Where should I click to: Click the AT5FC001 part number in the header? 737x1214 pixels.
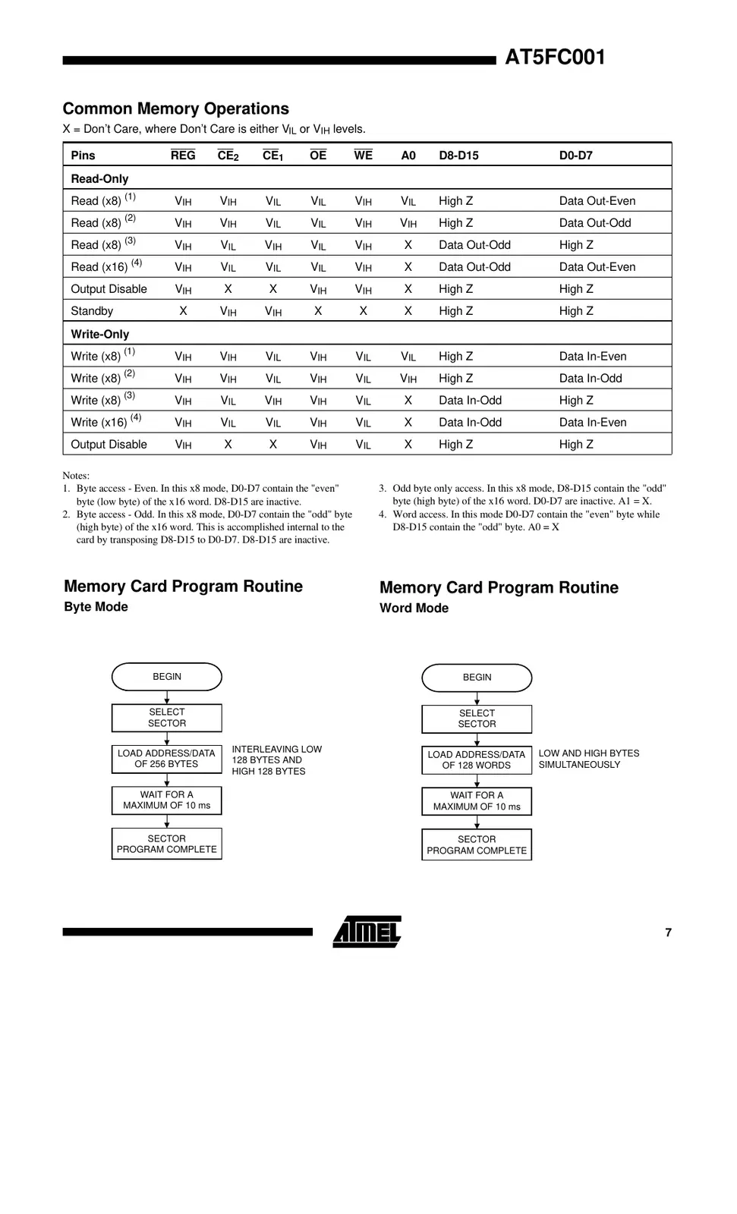(x=555, y=58)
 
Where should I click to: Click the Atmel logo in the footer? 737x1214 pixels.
(x=367, y=931)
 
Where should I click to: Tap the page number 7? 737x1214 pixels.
(x=668, y=933)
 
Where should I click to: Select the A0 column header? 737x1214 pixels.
(x=408, y=156)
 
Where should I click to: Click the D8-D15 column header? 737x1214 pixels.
(x=458, y=156)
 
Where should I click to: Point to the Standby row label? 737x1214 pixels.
(x=92, y=311)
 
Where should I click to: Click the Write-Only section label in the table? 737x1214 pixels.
(x=100, y=334)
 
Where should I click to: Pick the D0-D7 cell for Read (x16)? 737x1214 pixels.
(x=597, y=267)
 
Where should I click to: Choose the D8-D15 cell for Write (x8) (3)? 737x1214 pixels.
(x=470, y=401)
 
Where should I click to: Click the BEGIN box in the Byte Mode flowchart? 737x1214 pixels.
(x=167, y=677)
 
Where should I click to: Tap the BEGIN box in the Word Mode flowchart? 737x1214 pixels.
(x=477, y=678)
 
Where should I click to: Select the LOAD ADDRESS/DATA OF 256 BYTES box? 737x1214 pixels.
(x=167, y=759)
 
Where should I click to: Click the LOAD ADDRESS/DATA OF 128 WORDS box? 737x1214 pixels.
(x=477, y=760)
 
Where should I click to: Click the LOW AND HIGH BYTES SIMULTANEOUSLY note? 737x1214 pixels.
(x=588, y=759)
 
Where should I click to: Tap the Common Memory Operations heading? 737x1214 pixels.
(x=175, y=109)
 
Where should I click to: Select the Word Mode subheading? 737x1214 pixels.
(x=414, y=609)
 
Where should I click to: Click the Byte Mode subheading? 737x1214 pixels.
(x=96, y=607)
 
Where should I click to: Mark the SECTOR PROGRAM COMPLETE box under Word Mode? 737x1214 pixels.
(x=477, y=844)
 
